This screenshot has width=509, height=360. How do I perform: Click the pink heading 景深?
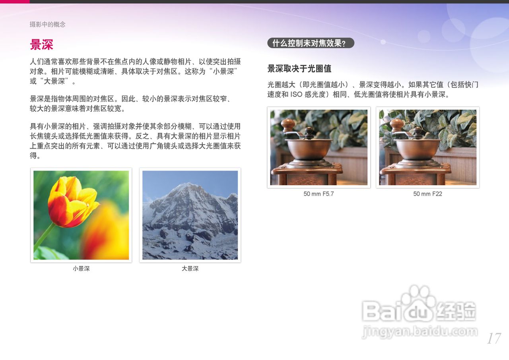[41, 45]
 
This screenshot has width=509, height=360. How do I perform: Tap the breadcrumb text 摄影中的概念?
[47, 24]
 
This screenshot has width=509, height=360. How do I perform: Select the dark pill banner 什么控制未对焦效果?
[311, 43]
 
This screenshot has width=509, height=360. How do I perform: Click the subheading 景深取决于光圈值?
[299, 68]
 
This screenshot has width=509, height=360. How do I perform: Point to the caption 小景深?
[81, 269]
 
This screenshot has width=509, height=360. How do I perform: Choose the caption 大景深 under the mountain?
[190, 269]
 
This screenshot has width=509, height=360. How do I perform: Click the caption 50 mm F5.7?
[319, 194]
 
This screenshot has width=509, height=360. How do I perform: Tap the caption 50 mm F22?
[427, 194]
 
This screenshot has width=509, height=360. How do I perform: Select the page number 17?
[493, 339]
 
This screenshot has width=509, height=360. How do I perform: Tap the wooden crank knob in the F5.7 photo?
[288, 125]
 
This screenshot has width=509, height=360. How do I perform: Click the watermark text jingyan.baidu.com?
[420, 331]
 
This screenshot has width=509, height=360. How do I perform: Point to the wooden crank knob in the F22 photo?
[396, 125]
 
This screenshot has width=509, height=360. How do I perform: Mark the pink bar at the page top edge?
[15, 2]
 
